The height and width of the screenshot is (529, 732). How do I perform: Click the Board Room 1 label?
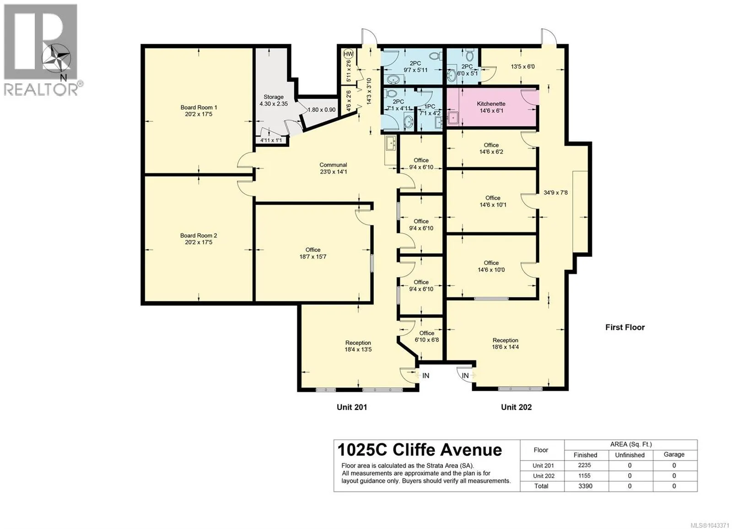[199, 110]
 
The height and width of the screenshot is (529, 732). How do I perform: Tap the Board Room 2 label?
[199, 239]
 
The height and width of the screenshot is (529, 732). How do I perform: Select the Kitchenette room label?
[491, 107]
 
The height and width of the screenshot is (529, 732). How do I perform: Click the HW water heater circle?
[348, 54]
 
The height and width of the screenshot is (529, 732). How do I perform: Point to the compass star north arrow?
[57, 59]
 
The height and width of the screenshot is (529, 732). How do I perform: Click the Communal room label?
[333, 168]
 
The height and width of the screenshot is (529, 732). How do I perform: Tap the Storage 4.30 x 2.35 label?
[274, 100]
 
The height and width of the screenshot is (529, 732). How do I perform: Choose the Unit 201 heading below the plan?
[352, 407]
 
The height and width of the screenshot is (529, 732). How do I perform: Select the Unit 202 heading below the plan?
[517, 407]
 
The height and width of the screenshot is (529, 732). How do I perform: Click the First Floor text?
[625, 327]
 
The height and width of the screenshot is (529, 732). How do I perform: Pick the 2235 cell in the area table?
[585, 465]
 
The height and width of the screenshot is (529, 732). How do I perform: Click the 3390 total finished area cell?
[585, 486]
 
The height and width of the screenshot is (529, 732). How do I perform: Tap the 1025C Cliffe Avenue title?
[420, 450]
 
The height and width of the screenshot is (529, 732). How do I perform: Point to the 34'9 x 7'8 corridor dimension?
[555, 193]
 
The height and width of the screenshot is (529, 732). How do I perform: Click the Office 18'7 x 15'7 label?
[313, 253]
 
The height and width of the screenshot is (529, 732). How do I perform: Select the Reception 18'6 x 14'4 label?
[505, 344]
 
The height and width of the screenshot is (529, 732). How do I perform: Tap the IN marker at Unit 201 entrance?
[425, 376]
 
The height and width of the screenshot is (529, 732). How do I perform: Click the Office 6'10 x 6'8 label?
[427, 336]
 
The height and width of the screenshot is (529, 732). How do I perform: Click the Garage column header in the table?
[674, 454]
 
